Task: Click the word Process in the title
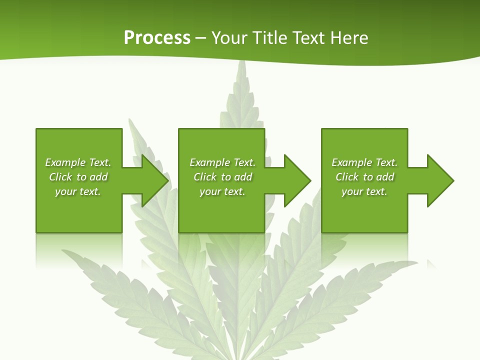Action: [157, 38]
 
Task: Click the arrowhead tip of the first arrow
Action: [167, 180]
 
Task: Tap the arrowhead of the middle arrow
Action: [309, 180]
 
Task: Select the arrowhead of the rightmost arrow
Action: [452, 180]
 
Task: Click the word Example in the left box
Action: [65, 162]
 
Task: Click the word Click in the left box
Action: [60, 177]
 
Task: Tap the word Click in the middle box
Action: [205, 177]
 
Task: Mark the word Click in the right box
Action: [347, 177]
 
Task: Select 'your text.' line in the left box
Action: [78, 191]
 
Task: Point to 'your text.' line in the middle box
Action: [222, 191]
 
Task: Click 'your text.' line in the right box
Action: [364, 191]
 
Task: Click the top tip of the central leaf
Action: [241, 62]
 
